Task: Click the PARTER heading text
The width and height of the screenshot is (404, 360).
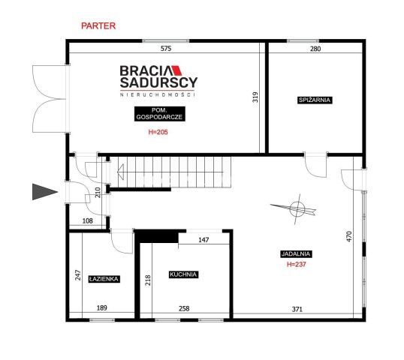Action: [98, 26]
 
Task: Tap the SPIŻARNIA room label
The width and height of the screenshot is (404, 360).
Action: [315, 100]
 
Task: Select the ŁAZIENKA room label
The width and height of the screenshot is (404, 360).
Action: [104, 279]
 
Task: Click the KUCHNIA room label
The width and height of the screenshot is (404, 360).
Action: [183, 274]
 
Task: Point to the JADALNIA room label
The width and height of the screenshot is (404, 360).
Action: [296, 254]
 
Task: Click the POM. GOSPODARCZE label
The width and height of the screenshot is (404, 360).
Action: [159, 114]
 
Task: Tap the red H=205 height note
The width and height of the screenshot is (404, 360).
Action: [158, 132]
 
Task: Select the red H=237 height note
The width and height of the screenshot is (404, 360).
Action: [297, 264]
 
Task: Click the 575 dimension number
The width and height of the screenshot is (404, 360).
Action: [166, 49]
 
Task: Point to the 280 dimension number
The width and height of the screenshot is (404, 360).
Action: [315, 49]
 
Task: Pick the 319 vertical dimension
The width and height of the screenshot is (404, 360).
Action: [255, 97]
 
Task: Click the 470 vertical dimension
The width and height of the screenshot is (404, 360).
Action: [349, 236]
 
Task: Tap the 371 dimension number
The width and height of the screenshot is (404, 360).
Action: [297, 309]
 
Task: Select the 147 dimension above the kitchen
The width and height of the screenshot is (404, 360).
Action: [204, 240]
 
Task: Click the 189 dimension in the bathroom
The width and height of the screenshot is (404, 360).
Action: [102, 307]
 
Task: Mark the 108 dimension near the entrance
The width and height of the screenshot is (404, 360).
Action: [87, 220]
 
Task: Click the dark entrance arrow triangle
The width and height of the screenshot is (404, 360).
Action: [44, 192]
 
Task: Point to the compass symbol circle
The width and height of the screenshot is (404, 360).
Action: [297, 208]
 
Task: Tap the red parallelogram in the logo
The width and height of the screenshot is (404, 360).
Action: [177, 70]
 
